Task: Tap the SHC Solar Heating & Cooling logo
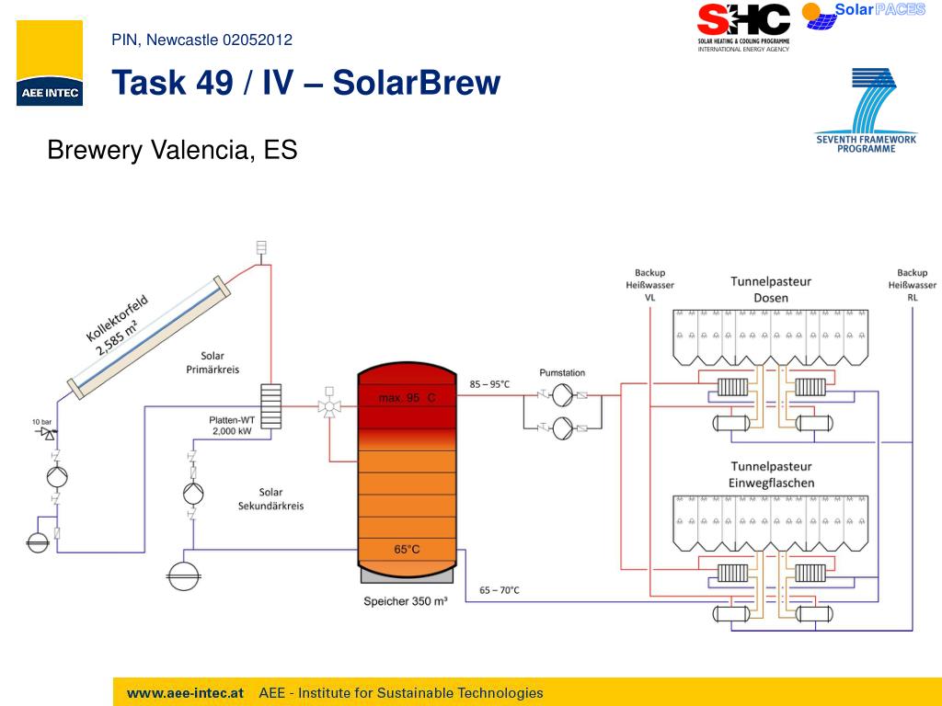[743, 27]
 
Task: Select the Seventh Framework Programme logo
[866, 111]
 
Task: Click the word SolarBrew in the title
[416, 84]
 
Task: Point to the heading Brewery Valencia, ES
[172, 149]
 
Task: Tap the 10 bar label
[42, 422]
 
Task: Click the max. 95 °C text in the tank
[407, 397]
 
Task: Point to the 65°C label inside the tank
[407, 549]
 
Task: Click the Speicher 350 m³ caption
[406, 601]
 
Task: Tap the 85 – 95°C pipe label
[489, 383]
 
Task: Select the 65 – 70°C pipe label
[500, 589]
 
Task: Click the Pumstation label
[562, 373]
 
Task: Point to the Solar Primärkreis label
[213, 362]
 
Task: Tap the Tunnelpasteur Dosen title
[771, 289]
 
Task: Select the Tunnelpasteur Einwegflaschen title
[771, 474]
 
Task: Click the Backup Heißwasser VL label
[649, 285]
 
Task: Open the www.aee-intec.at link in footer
[185, 693]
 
